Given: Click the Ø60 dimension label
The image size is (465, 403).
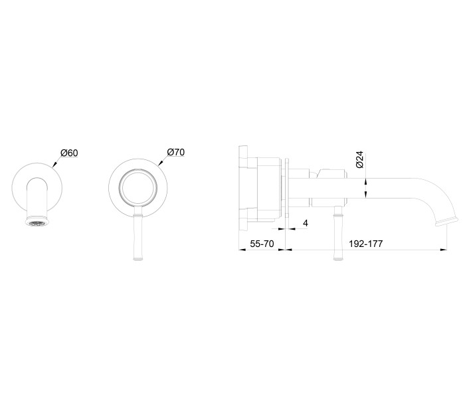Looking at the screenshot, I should click(69, 153).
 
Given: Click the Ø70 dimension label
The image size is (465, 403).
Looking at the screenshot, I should click(175, 152).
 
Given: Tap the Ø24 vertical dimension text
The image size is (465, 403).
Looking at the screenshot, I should click(359, 160).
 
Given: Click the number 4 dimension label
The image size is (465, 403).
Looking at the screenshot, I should click(305, 223).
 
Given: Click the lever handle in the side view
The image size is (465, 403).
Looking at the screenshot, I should click(339, 232).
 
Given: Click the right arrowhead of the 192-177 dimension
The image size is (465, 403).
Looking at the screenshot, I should click(444, 250).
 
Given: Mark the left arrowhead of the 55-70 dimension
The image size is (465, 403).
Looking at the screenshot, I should click(240, 250).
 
